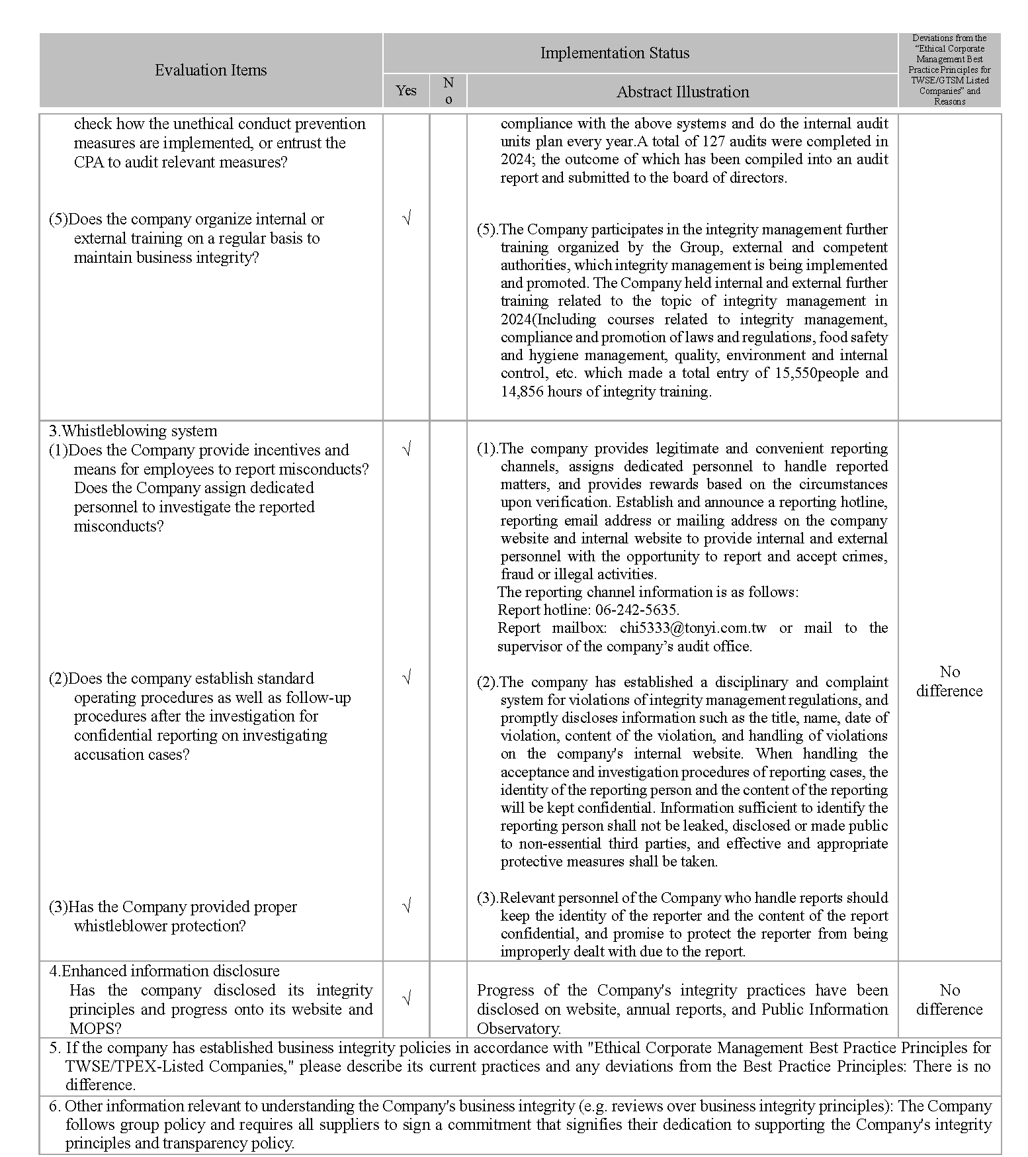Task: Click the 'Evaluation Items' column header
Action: [210, 70]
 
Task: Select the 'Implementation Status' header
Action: [615, 53]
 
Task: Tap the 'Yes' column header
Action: [406, 91]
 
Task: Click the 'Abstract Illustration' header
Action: [683, 92]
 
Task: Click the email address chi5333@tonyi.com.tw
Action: [693, 627]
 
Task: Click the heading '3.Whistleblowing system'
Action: [133, 431]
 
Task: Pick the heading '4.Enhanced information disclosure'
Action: [164, 971]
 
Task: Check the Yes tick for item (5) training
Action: [407, 218]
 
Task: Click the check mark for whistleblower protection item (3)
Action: [407, 905]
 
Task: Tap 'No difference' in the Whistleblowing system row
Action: [949, 681]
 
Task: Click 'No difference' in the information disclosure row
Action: [949, 999]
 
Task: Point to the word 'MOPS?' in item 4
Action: [95, 1028]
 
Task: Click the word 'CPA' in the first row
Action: [89, 162]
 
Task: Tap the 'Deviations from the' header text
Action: [949, 38]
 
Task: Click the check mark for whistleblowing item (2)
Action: [407, 677]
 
